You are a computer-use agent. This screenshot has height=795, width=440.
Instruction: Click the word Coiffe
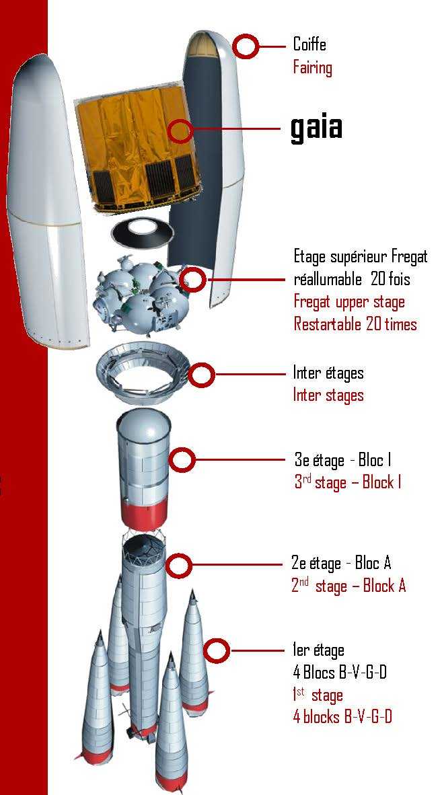click(x=309, y=44)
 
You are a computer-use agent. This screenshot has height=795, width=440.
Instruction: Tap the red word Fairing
click(x=312, y=67)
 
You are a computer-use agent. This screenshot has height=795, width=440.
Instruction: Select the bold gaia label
click(x=316, y=127)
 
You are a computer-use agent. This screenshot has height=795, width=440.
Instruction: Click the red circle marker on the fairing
click(x=246, y=46)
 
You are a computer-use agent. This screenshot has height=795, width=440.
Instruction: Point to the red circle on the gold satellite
click(x=180, y=130)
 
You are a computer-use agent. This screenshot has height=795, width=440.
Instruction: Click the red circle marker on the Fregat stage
click(x=192, y=279)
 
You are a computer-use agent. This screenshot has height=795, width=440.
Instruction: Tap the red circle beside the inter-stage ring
click(x=202, y=375)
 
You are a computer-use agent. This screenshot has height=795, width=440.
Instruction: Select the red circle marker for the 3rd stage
click(x=182, y=460)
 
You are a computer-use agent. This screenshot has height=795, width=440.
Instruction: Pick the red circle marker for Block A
click(x=178, y=565)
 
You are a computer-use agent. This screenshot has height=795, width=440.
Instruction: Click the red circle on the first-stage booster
click(x=217, y=650)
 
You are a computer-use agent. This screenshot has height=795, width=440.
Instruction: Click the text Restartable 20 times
click(x=355, y=324)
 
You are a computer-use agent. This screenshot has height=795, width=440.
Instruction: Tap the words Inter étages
click(x=328, y=373)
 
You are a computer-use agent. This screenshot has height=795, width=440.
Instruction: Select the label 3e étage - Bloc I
click(x=342, y=460)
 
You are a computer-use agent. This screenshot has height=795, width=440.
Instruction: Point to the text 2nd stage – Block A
click(x=349, y=586)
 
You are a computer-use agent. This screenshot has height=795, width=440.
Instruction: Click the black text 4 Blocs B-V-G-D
click(x=340, y=673)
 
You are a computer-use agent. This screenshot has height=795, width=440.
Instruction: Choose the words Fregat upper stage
click(x=349, y=302)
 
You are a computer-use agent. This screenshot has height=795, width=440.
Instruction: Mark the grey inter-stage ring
click(x=143, y=373)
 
